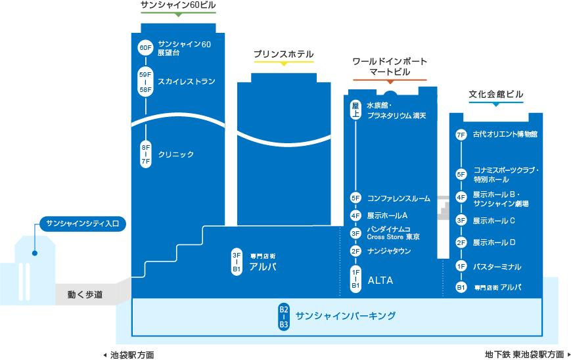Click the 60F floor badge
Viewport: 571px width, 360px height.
[x=145, y=48]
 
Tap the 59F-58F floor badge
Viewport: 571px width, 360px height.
[x=145, y=82]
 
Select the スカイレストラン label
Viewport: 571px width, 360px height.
[x=187, y=81]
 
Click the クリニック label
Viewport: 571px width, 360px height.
[x=176, y=154]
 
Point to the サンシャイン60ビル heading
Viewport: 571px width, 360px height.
[x=178, y=6]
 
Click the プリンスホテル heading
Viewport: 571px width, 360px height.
[x=284, y=55]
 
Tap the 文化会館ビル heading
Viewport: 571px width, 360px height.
[x=496, y=95]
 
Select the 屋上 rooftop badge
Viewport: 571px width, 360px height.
[x=355, y=110]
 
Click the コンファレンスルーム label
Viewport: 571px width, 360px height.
[x=398, y=198]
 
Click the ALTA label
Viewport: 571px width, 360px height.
[x=380, y=281]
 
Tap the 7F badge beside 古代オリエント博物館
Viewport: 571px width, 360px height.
[x=461, y=135]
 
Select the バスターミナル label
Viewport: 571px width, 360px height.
[x=497, y=267]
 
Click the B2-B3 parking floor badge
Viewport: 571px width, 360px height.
[x=284, y=317]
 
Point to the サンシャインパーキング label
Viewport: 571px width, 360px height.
[x=346, y=316]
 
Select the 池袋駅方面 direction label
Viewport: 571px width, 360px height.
[x=131, y=355]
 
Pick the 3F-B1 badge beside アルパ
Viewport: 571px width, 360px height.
[x=237, y=261]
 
